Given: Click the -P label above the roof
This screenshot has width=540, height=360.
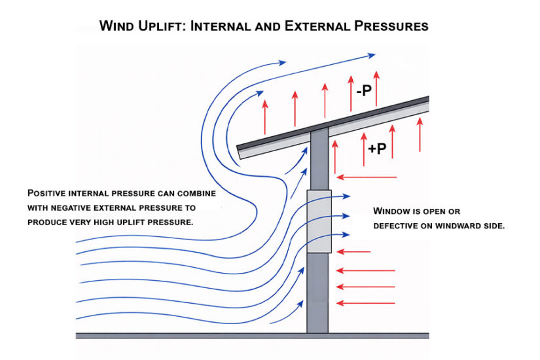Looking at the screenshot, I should point(364,91).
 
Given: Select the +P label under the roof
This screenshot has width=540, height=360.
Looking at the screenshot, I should point(377,149).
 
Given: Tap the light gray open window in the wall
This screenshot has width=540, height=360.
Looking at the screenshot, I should point(319,221).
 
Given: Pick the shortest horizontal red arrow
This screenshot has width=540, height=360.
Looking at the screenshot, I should point(353,251).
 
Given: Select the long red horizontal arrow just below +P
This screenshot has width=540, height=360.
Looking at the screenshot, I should point(367,177).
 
